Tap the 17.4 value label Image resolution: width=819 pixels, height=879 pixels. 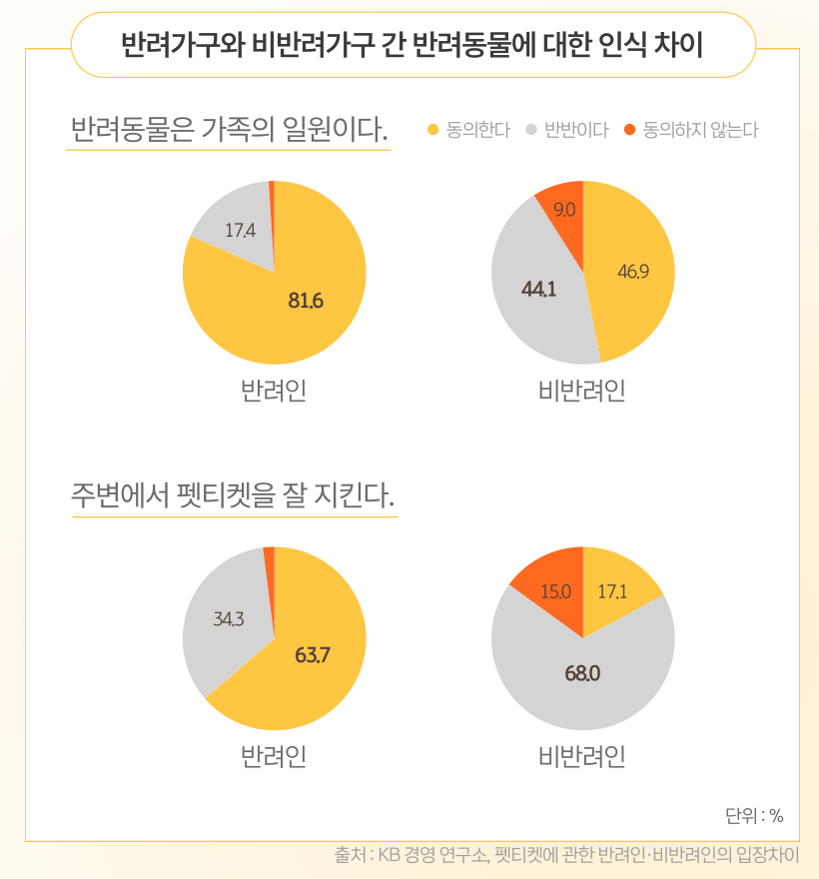[x=240, y=230]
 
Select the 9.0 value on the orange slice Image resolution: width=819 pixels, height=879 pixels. [x=564, y=210]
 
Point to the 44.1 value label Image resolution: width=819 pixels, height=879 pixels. [x=538, y=290]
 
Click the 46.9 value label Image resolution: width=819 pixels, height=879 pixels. [x=633, y=271]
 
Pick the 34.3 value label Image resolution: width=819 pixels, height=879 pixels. [x=229, y=619]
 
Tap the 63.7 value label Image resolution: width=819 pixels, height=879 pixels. [x=313, y=655]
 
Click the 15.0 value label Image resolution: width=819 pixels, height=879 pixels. [x=555, y=591]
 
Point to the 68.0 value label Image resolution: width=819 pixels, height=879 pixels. [x=582, y=673]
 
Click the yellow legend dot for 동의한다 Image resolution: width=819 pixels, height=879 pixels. [x=432, y=130]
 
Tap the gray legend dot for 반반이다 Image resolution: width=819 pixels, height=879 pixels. [x=530, y=130]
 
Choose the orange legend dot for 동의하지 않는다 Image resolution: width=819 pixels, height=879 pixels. [x=629, y=130]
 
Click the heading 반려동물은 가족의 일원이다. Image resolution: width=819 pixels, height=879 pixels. [x=229, y=130]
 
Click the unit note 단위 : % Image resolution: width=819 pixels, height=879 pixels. [x=754, y=815]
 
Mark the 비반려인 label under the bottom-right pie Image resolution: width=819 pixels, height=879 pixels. [x=581, y=756]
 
